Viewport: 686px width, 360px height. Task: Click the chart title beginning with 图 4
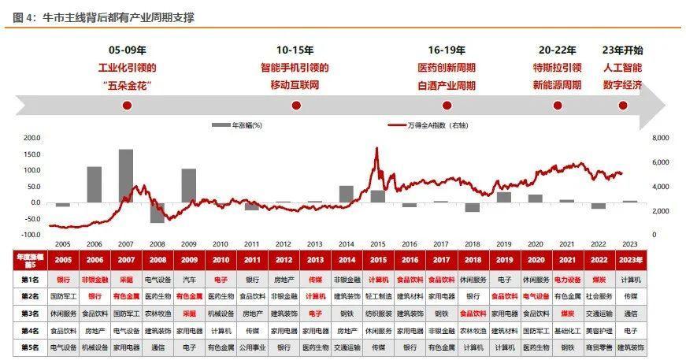103,16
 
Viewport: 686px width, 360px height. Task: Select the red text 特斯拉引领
558,67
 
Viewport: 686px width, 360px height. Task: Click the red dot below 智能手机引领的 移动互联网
302,105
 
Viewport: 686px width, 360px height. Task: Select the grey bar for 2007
126,175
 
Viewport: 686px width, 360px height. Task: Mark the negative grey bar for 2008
158,212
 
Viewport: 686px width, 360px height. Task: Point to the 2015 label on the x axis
378,245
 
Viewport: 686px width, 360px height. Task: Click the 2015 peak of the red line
376,148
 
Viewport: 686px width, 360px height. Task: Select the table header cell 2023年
630,259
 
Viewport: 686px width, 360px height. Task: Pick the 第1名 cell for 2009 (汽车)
189,279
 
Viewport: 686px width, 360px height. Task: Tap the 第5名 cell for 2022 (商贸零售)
599,347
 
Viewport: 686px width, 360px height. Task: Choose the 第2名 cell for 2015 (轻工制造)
378,296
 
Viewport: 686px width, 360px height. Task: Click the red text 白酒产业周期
447,84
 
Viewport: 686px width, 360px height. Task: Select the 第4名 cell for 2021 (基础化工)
567,330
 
